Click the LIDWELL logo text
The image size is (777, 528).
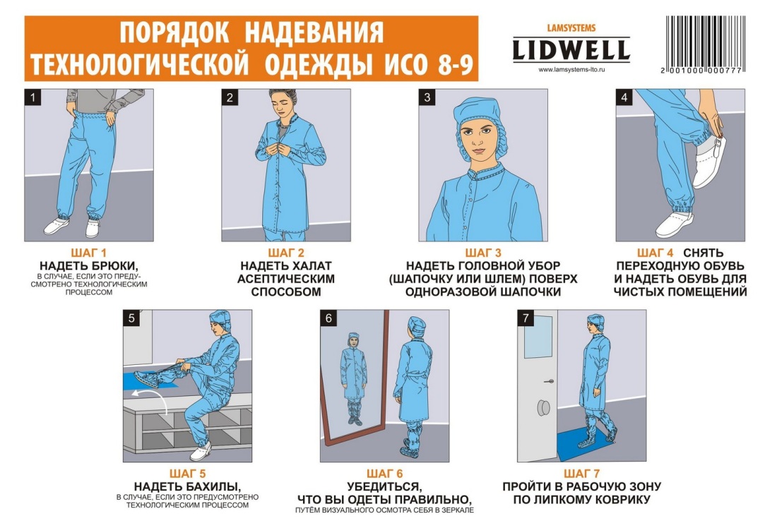571,51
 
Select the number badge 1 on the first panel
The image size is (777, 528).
32,97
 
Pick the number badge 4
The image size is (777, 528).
623,97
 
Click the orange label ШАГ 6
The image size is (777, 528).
383,473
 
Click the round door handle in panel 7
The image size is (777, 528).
544,408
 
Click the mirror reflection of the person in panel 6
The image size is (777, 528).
351,381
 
